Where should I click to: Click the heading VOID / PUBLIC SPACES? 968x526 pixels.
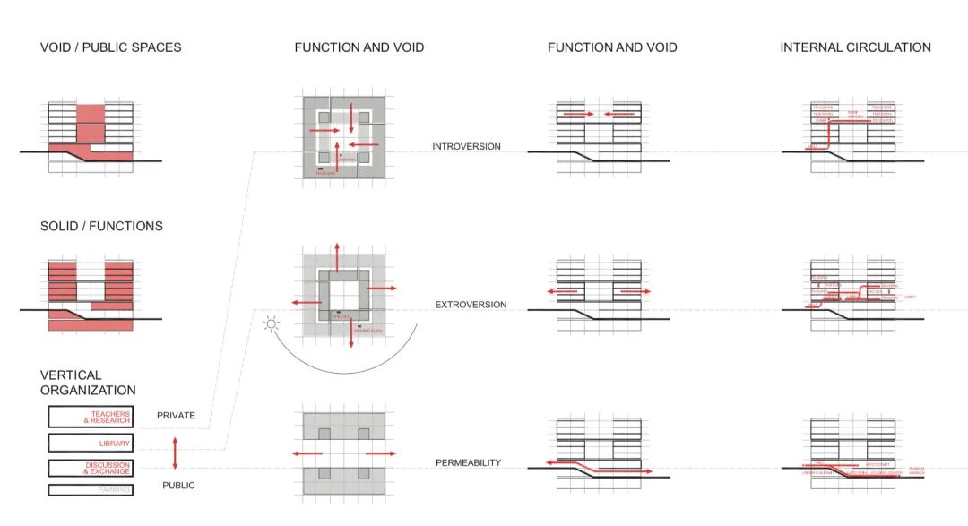point(110,47)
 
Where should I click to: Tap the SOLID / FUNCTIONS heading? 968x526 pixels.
point(101,227)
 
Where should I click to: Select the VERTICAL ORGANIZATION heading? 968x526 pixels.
point(88,383)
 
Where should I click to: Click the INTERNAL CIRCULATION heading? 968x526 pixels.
point(855,47)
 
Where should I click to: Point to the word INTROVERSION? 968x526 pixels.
point(466,146)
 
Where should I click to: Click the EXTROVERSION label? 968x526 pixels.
point(471,306)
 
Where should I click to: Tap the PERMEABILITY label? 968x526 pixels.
point(468,463)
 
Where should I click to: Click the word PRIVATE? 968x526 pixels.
point(176,416)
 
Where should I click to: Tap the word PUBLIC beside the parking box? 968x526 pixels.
point(178,486)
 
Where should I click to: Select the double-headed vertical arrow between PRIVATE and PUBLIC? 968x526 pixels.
point(175,452)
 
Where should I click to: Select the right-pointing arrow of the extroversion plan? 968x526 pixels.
point(380,289)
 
